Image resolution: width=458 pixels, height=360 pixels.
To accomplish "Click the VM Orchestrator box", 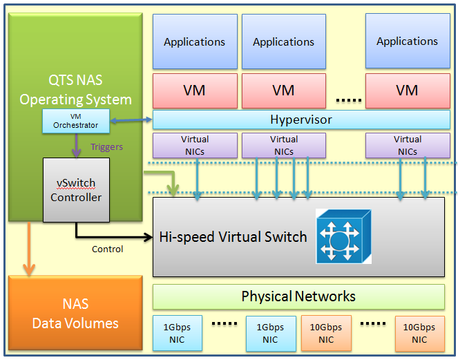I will pyautogui.click(x=76, y=121).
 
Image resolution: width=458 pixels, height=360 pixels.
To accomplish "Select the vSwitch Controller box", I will pyautogui.click(x=76, y=190).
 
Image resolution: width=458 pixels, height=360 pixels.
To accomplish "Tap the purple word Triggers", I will pyautogui.click(x=106, y=146).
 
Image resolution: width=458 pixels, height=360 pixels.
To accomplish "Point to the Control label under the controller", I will pyautogui.click(x=107, y=249).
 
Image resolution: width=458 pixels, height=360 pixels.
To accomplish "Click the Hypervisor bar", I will pyautogui.click(x=300, y=120).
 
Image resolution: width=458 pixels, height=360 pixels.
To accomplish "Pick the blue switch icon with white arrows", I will pyautogui.click(x=343, y=236).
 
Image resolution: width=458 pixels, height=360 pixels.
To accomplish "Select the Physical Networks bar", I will pyautogui.click(x=298, y=297).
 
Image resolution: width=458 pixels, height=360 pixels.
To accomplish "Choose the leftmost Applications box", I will pyautogui.click(x=194, y=41).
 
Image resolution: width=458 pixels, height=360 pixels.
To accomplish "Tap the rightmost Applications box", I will pyautogui.click(x=407, y=41).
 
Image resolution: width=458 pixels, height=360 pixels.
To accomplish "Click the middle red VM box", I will pyautogui.click(x=283, y=90).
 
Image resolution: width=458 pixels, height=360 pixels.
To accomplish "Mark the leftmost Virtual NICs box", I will pyautogui.click(x=194, y=145).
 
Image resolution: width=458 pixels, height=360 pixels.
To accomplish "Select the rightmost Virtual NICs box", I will pyautogui.click(x=407, y=145).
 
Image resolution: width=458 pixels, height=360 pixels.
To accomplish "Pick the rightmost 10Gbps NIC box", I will pyautogui.click(x=419, y=333).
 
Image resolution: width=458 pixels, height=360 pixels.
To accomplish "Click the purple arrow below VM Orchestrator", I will pyautogui.click(x=76, y=145).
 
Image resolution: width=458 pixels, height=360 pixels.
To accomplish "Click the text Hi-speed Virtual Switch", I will pyautogui.click(x=233, y=237).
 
